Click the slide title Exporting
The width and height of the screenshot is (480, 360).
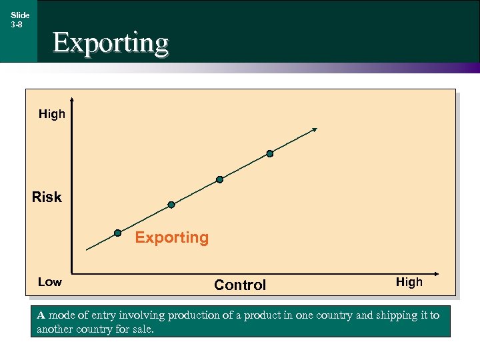pyautogui.click(x=111, y=42)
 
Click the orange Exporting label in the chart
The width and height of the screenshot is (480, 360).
pyautogui.click(x=172, y=237)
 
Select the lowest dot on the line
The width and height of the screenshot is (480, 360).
pyautogui.click(x=117, y=233)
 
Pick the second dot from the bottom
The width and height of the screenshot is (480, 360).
pyautogui.click(x=171, y=204)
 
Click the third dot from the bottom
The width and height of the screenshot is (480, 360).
pyautogui.click(x=219, y=179)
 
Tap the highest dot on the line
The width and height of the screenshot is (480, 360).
pyautogui.click(x=269, y=153)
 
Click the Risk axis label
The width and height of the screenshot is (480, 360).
pyautogui.click(x=47, y=197)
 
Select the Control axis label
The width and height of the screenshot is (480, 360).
pyautogui.click(x=240, y=285)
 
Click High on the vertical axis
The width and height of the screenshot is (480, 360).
pyautogui.click(x=52, y=114)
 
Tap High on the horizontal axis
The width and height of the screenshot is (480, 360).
pyautogui.click(x=409, y=282)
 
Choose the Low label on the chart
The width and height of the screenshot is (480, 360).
pyautogui.click(x=50, y=282)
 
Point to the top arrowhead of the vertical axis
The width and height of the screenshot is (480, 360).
pyautogui.click(x=71, y=101)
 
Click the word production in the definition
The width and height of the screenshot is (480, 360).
pyautogui.click(x=193, y=315)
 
